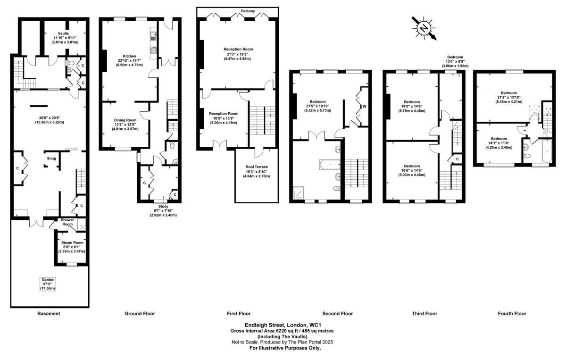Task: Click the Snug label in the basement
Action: click(x=51, y=158)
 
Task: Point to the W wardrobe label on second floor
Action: click(x=364, y=107)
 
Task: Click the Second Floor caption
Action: click(x=337, y=313)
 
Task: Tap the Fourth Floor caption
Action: click(x=512, y=313)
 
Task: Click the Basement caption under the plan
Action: click(x=49, y=313)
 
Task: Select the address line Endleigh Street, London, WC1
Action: click(x=283, y=325)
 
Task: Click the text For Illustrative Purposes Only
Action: click(x=285, y=348)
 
